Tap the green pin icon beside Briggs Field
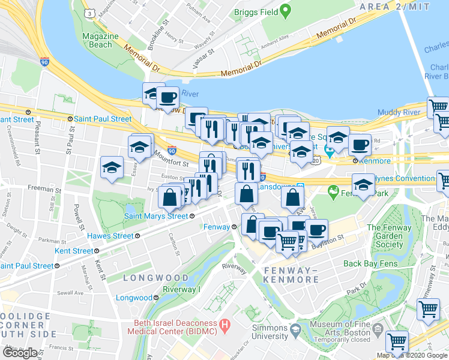[286, 11]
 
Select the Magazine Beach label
[98, 40]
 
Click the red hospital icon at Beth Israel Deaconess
[225, 327]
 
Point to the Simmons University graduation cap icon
[295, 329]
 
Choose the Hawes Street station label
[110, 236]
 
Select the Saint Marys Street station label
[156, 216]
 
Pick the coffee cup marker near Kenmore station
[360, 145]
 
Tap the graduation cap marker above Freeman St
[112, 169]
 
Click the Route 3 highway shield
[89, 13]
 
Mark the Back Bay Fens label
[369, 263]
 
